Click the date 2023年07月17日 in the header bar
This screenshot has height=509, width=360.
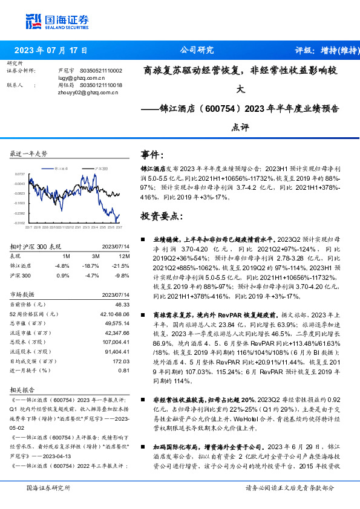pos(51,51)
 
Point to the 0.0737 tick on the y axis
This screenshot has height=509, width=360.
pos(19,173)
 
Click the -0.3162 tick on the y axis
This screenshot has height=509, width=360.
pos(19,224)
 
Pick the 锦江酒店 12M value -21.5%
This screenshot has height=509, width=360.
pos(121,265)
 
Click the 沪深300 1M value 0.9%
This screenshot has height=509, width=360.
pos(63,275)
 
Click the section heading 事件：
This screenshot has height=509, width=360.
pos(152,155)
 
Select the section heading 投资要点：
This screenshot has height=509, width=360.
pos(160,216)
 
